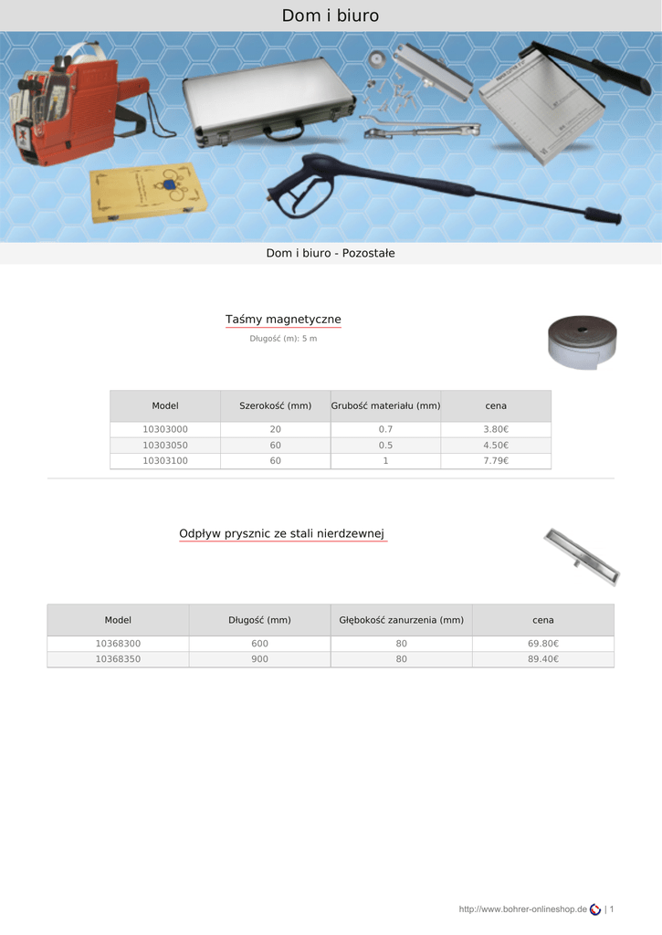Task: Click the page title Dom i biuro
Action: click(x=330, y=16)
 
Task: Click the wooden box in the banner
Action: click(x=147, y=194)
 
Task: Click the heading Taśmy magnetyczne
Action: click(x=283, y=320)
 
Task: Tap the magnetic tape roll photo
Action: click(x=582, y=341)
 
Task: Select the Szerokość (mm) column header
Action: click(x=275, y=405)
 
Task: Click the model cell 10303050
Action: click(x=165, y=446)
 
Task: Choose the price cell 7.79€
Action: click(x=496, y=461)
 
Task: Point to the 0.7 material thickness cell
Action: click(x=385, y=429)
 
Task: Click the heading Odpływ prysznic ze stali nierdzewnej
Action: click(x=283, y=533)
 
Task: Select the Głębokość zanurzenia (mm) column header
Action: click(x=401, y=620)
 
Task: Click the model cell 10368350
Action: click(x=118, y=659)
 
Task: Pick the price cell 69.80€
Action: click(x=543, y=644)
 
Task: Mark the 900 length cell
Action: click(x=259, y=659)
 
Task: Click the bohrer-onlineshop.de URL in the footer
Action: click(x=522, y=909)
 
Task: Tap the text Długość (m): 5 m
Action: click(x=283, y=339)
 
